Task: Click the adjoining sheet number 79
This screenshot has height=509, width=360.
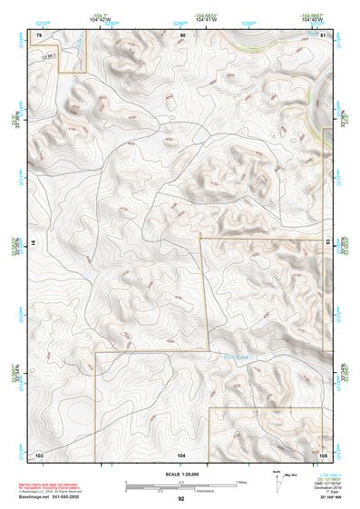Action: tap(39, 34)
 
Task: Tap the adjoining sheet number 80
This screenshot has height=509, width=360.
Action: tap(182, 34)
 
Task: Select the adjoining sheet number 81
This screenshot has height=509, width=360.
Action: tap(323, 34)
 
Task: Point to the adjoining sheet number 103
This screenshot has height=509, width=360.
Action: tap(39, 453)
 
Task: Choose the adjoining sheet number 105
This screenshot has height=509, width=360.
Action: tap(323, 453)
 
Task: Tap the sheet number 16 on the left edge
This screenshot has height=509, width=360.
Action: tap(34, 244)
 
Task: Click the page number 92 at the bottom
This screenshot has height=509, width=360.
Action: tap(181, 499)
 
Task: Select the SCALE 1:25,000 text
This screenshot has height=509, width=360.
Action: tap(180, 474)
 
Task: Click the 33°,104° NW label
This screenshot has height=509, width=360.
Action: tap(327, 497)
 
